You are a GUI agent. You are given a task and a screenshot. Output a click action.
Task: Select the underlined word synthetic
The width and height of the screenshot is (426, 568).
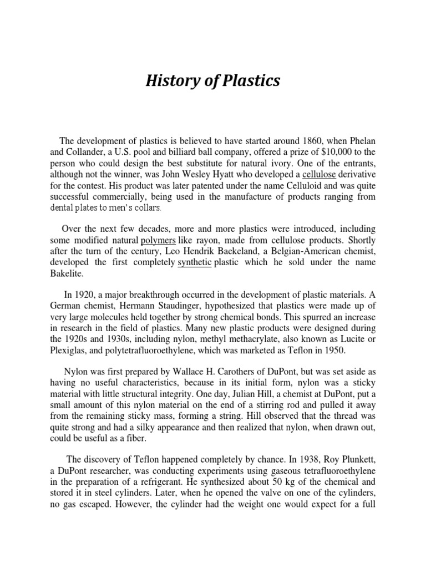194,263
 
